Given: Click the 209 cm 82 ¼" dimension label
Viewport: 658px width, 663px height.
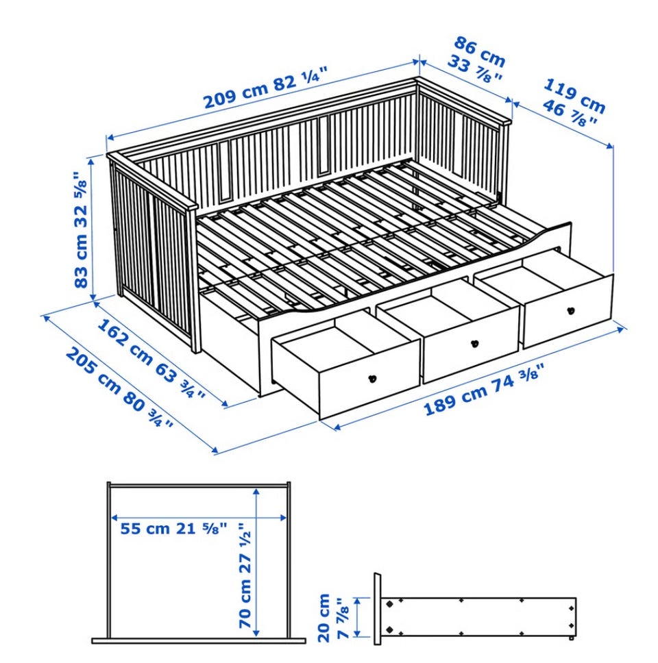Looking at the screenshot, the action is point(266,88).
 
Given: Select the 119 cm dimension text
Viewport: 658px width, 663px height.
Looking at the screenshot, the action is point(575,96).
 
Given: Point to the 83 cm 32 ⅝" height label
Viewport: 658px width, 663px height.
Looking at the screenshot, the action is point(81,229).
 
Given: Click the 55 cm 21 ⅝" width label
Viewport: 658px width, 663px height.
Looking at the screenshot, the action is point(174,529).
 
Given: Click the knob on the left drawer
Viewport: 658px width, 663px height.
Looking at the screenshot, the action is point(372,379).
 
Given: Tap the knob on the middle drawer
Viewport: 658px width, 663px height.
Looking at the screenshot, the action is point(473,343).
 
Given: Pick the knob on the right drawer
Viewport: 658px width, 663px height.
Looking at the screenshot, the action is point(570,310).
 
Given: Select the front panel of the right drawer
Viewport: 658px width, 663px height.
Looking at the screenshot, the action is point(568,311).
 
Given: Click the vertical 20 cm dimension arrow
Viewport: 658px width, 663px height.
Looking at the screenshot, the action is point(358,617).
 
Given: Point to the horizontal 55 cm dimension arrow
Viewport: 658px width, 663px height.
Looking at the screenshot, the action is point(199,517).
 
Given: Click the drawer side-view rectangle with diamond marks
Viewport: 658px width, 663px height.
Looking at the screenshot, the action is point(478,616).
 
